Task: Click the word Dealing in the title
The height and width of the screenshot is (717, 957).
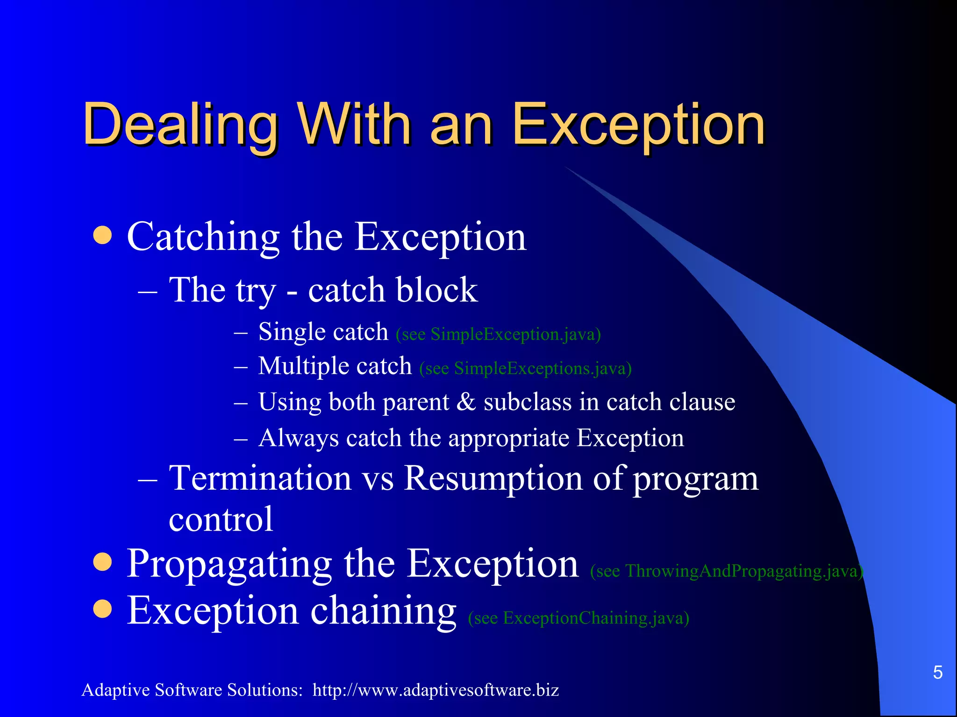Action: click(x=180, y=125)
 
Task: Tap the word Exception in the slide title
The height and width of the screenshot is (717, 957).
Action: click(x=638, y=125)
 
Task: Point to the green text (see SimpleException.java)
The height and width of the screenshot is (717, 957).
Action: click(x=498, y=334)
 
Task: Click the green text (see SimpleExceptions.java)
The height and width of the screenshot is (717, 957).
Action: click(x=525, y=368)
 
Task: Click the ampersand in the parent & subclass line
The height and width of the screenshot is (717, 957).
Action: click(x=466, y=402)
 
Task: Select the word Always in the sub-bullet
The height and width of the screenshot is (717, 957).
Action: click(x=298, y=438)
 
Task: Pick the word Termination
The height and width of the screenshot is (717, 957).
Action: click(x=260, y=478)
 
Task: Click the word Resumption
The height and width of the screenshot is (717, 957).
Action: click(x=493, y=478)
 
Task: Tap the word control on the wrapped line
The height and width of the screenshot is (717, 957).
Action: click(x=221, y=519)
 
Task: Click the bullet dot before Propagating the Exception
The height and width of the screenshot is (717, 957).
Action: click(x=102, y=562)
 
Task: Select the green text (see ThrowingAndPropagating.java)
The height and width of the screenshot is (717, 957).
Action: click(x=726, y=571)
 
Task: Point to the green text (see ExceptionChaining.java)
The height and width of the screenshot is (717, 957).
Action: click(x=578, y=618)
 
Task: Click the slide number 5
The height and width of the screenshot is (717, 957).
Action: click(x=937, y=672)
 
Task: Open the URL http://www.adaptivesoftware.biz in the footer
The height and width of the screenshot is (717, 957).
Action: click(x=436, y=690)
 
